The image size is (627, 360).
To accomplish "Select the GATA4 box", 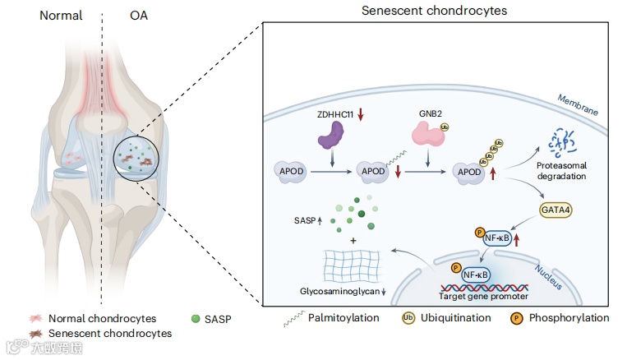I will click(557, 210).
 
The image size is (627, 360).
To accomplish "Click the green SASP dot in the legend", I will click(195, 318).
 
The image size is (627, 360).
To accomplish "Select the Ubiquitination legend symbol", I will click(408, 318).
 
